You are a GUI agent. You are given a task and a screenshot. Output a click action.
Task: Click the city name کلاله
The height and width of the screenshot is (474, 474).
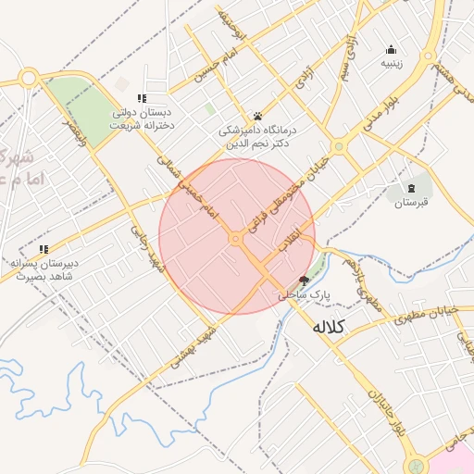click(329, 326)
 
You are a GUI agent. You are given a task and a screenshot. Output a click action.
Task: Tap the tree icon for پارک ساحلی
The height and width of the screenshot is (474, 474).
click(304, 281)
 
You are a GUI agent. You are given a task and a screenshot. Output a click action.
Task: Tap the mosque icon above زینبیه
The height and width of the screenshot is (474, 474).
click(391, 50)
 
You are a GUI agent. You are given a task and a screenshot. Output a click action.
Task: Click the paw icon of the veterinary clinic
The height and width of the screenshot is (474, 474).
click(256, 117)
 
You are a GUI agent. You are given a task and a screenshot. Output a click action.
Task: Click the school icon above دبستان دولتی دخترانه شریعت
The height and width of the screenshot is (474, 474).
click(142, 97)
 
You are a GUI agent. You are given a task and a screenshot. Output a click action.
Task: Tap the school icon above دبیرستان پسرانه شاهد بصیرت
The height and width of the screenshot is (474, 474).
click(44, 248)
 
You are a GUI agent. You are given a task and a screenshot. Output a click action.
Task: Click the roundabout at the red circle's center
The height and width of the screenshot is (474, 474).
click(236, 239)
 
